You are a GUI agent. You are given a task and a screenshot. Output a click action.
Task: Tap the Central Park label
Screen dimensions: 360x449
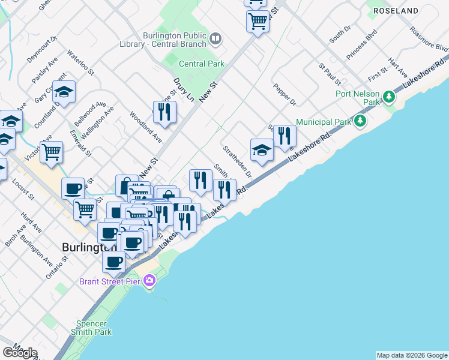(201, 64)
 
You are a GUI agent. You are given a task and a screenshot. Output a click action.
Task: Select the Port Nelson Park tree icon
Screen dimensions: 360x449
(389, 96)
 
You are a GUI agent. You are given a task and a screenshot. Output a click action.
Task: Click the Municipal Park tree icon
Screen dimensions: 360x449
(360, 122)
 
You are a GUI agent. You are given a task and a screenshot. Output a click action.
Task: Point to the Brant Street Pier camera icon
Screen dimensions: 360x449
(149, 280)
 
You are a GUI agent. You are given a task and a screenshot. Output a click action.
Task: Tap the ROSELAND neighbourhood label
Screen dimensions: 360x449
(396, 11)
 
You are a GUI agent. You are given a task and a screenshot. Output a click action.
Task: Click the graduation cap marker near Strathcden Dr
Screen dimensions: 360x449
(262, 150)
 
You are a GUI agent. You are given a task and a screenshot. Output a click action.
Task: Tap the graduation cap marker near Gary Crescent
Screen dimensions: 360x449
(64, 92)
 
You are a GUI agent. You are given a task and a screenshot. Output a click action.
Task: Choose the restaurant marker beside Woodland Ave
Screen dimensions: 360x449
(164, 112)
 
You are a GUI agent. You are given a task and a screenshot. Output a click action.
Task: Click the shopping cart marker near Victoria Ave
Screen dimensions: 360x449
(52, 152)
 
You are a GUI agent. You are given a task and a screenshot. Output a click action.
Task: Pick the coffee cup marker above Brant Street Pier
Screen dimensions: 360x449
(113, 262)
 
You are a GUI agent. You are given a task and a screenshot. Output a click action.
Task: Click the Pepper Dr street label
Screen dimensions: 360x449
(285, 95)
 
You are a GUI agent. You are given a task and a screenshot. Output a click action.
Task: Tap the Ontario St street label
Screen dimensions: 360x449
(58, 267)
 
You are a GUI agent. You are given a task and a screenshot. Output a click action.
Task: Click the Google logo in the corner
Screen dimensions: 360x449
(20, 353)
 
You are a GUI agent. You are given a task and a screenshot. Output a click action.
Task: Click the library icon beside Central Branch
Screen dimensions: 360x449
(215, 40)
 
